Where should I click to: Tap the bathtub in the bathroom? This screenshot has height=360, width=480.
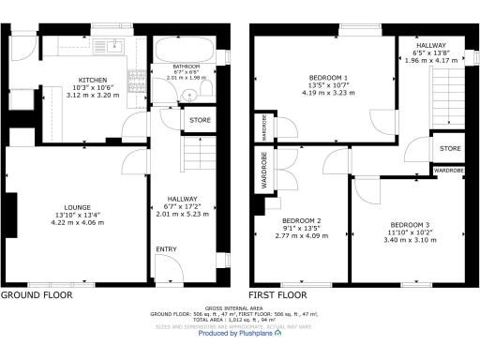pos(186,48)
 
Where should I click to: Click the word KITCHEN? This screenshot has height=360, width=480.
pos(92,81)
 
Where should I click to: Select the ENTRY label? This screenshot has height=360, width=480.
pos(166,248)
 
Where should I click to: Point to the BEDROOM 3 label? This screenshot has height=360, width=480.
pos(410,225)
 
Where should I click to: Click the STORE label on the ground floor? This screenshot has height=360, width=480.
pos(200,120)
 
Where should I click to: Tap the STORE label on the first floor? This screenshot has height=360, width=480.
pos(450,148)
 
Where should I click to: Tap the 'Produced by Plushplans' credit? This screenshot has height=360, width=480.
pos(241,333)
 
